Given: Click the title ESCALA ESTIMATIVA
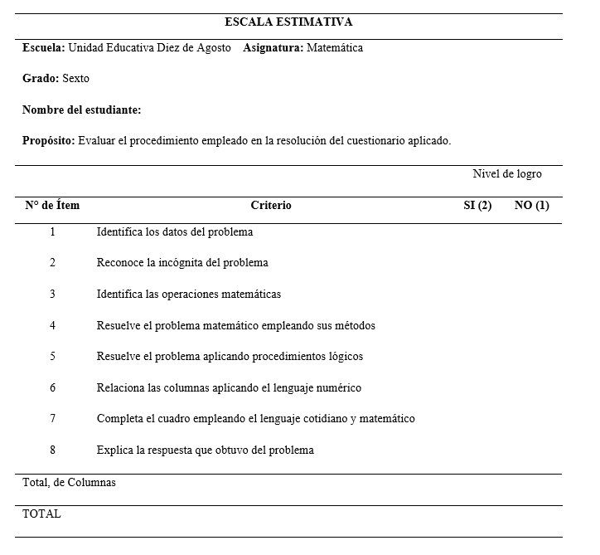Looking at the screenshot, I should point(288,22).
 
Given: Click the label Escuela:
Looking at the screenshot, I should point(43,48).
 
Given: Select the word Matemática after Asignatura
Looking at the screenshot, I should point(335,48).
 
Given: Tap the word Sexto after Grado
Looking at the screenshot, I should point(75,79).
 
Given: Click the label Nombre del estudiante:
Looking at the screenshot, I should point(81,110).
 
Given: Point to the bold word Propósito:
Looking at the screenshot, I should point(49,141).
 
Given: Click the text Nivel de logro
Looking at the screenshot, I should point(507,174).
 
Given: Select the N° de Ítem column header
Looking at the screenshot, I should point(52,206).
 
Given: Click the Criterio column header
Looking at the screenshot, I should point(271,206).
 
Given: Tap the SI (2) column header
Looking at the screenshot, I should point(477,206).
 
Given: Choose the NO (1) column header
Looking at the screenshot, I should point(532,206).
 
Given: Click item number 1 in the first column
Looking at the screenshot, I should point(52,232).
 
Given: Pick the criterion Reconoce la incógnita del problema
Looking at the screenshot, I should point(182,263).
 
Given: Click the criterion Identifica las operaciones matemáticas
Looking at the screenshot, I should point(189,295).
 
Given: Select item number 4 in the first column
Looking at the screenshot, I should point(52,326).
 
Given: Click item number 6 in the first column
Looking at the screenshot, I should point(52,388).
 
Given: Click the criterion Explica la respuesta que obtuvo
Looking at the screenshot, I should point(206,450).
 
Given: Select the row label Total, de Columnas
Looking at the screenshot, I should point(69,483).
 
